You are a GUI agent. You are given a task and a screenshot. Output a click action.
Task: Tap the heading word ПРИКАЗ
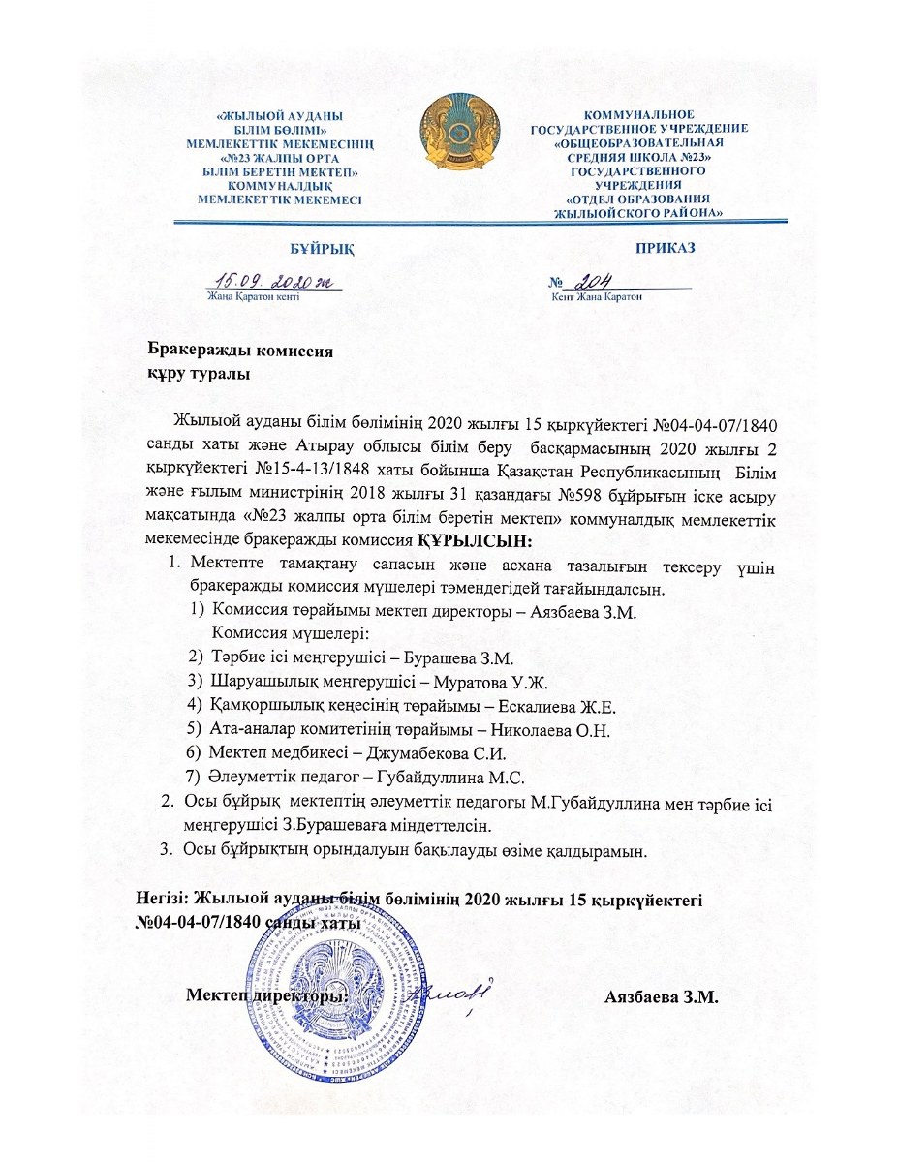[665, 248]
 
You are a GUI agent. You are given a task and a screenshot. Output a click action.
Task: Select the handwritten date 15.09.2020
[274, 281]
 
